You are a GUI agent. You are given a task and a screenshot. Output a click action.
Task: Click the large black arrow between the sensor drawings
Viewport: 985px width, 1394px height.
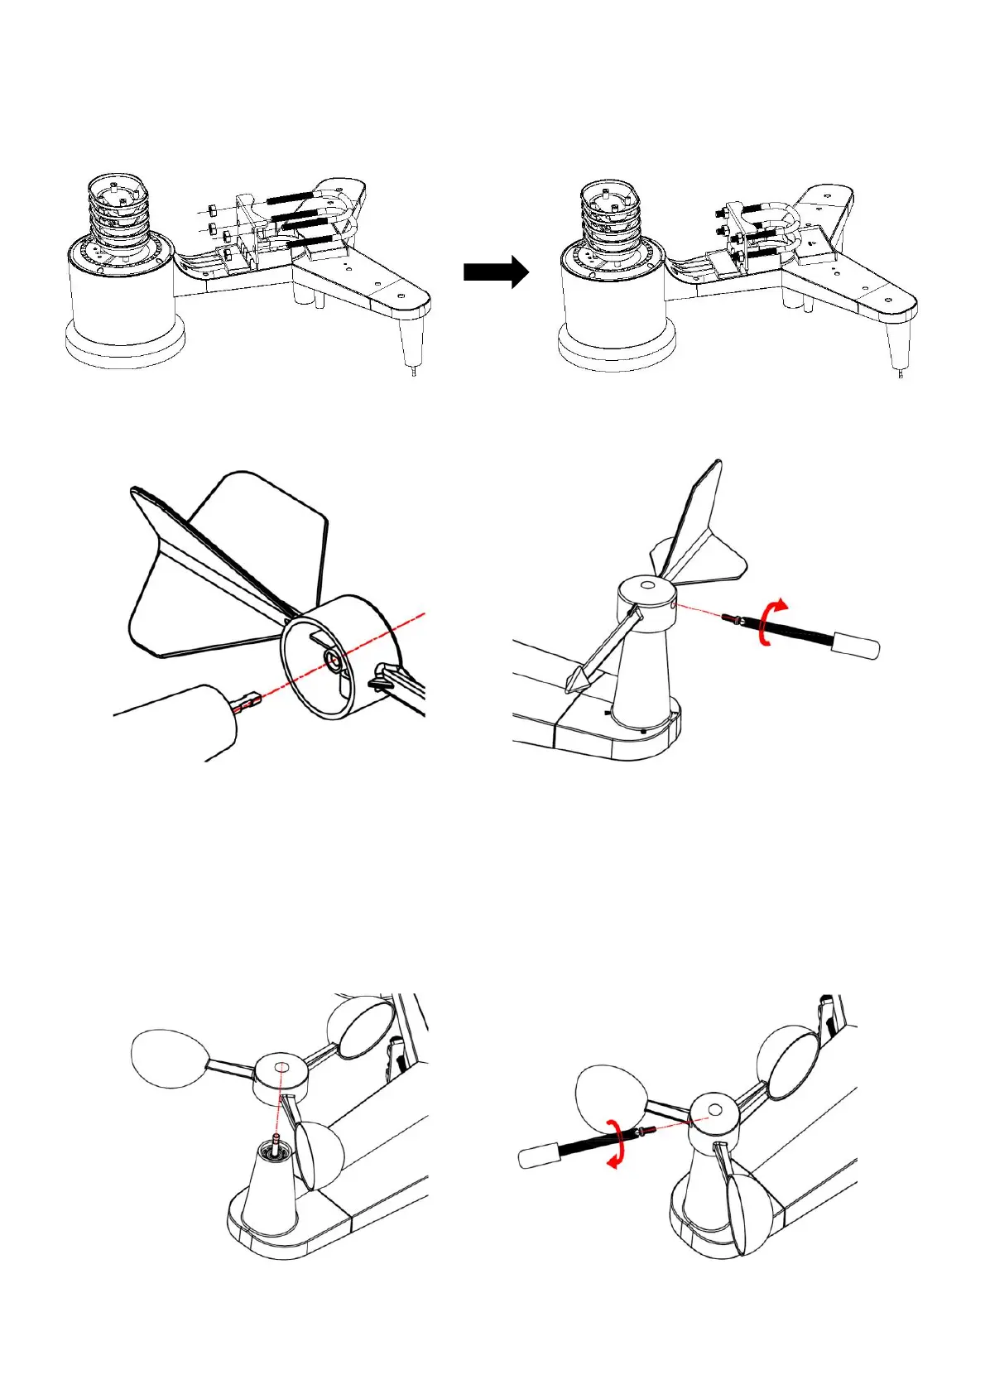pos(495,272)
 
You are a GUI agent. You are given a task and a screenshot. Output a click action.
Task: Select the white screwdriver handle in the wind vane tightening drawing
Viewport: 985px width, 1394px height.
pos(856,646)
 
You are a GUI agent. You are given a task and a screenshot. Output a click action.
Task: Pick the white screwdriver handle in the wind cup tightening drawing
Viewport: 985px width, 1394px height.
pos(539,1156)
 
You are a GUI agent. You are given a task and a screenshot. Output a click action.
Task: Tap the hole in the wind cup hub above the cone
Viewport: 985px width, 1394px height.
pos(280,1067)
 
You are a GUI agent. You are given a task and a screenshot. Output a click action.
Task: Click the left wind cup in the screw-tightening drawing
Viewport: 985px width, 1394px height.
pos(611,1097)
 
